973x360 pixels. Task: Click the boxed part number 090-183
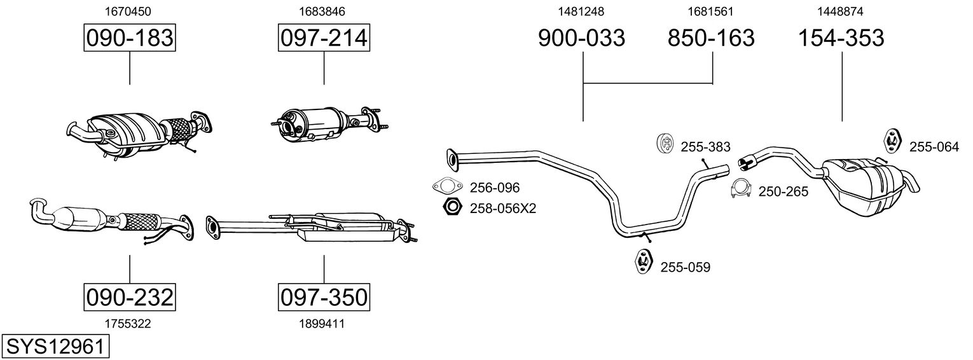(x=130, y=38)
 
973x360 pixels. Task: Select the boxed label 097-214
(x=324, y=38)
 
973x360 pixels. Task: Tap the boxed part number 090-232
(x=130, y=297)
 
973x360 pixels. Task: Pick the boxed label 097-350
(x=324, y=297)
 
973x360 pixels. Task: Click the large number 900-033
(x=582, y=38)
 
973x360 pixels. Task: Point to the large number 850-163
(x=711, y=38)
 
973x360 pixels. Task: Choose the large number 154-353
(x=841, y=38)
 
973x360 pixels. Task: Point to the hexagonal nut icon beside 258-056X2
(x=451, y=207)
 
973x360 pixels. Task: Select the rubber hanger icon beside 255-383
(x=665, y=144)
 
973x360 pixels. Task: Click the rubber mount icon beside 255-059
(x=644, y=261)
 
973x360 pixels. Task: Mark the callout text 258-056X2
(x=503, y=208)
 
